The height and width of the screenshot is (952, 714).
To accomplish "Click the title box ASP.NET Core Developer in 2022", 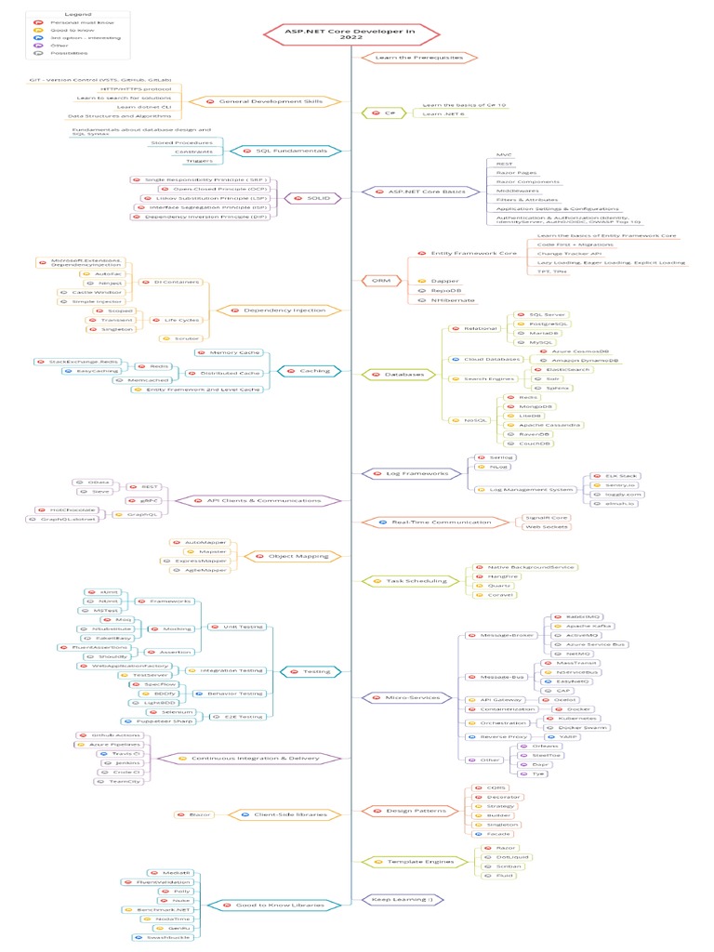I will [351, 34].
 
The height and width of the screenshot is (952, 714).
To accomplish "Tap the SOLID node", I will [306, 197].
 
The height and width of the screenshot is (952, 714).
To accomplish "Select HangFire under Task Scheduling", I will [501, 577].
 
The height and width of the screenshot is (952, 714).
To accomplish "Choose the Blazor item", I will [194, 814].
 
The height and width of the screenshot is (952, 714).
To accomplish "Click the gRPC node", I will [135, 500].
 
